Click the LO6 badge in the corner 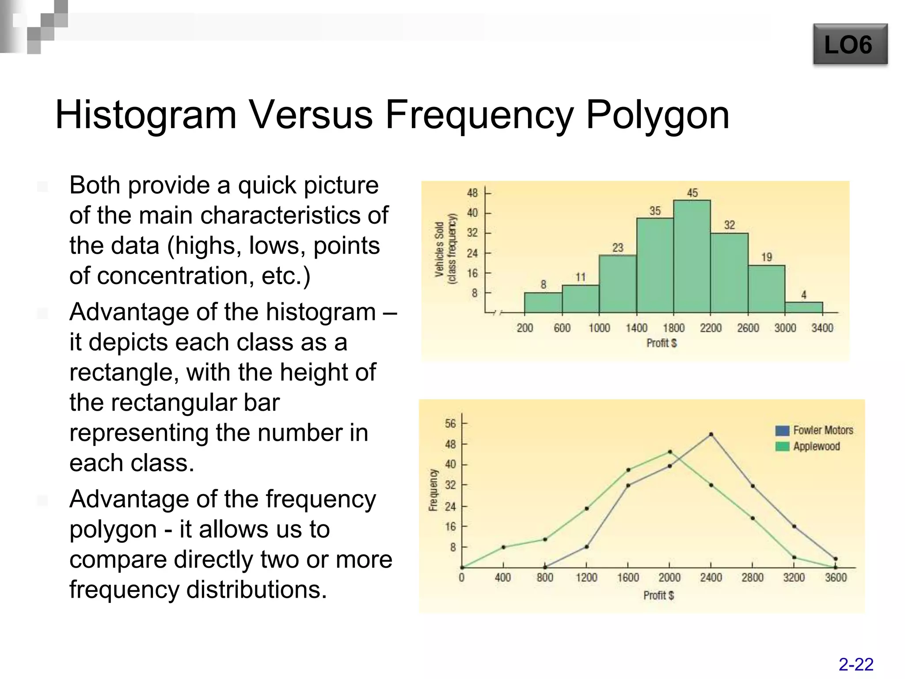point(850,45)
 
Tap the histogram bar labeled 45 point(692,256)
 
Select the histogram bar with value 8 point(543,302)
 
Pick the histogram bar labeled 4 point(803,307)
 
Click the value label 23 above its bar point(618,248)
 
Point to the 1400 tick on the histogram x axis point(636,328)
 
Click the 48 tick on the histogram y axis point(472,193)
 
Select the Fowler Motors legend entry point(814,430)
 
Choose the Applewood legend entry point(808,446)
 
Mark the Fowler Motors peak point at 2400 point(711,435)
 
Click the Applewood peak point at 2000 point(669,452)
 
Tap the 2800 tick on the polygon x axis point(752,578)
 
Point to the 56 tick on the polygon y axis point(450,423)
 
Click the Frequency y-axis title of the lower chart point(433,490)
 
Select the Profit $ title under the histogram point(662,343)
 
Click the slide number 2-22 point(856,664)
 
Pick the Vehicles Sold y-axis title point(439,250)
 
